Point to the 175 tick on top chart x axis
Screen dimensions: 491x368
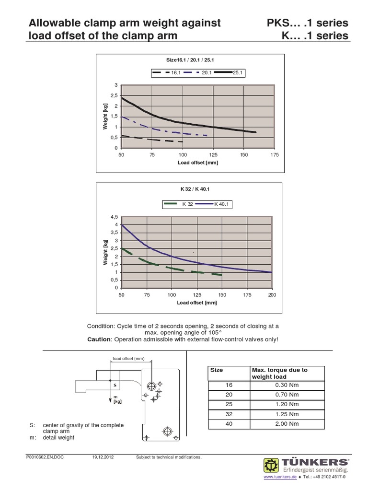(275, 155)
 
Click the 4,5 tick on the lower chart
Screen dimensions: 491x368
(114, 217)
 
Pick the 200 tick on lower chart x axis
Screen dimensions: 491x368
(272, 295)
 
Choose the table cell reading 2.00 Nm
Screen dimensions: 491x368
(287, 424)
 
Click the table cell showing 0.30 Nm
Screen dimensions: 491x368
(287, 385)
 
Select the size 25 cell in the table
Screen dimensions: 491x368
(228, 404)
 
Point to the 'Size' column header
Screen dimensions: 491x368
(217, 370)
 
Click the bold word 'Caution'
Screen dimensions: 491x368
(99, 339)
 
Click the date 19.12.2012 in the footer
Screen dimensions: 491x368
(102, 457)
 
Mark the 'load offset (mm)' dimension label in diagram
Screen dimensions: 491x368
(128, 359)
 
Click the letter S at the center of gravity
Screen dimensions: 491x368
(115, 385)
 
